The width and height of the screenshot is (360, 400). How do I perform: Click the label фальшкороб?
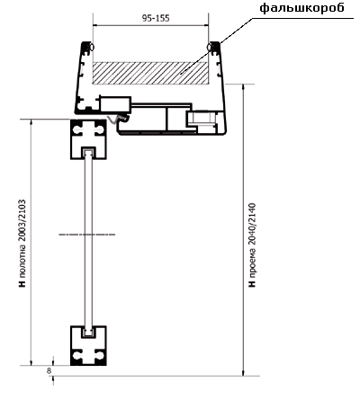301,8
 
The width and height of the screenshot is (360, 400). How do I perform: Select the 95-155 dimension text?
156,18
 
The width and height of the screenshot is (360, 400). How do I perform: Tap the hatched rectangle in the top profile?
150,73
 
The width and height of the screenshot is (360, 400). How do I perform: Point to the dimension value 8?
49,370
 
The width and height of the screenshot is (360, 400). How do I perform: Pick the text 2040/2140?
251,225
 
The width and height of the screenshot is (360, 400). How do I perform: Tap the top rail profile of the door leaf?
88,139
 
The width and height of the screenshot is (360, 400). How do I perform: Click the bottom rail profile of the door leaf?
88,345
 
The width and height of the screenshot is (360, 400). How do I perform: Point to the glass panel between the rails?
88,242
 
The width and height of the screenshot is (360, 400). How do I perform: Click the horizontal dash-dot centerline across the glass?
87,235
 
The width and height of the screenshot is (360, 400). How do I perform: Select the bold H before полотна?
22,283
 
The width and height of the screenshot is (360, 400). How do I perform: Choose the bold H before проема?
252,283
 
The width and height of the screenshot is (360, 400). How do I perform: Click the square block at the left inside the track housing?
115,105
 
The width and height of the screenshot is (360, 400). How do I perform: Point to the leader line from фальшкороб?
216,45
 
